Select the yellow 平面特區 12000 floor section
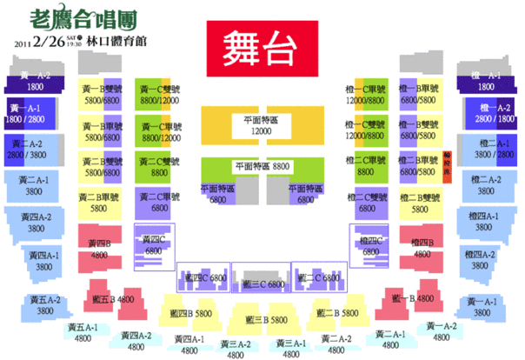tap(261, 126)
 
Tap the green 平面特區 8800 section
tap(262, 166)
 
